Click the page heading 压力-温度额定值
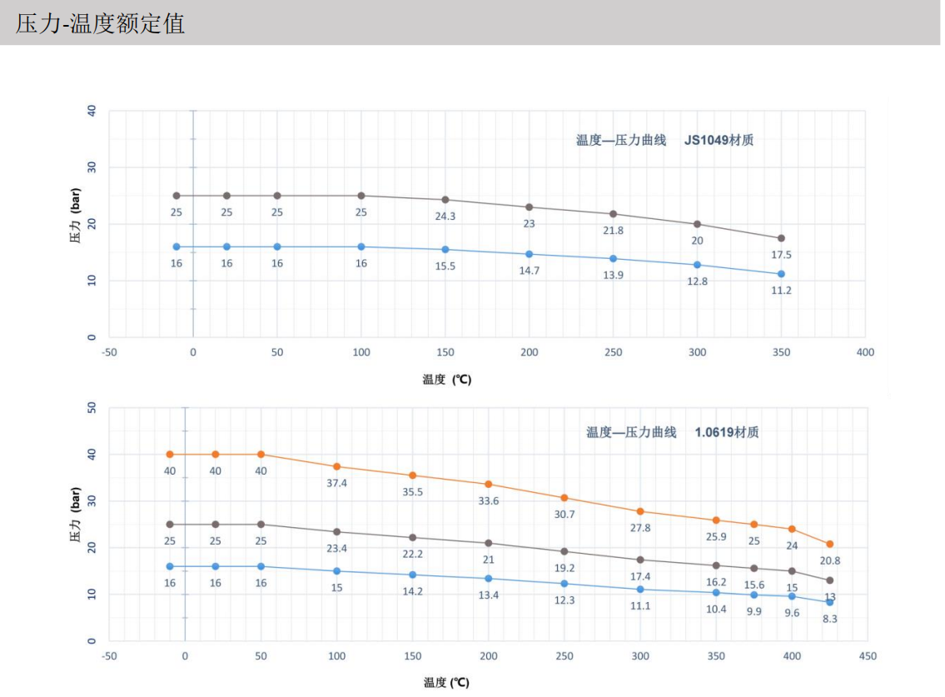tap(100, 23)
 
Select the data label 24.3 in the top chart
tap(445, 216)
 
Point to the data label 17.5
tap(781, 254)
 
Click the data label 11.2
tap(781, 290)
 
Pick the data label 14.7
tap(529, 270)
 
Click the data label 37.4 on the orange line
tap(336, 483)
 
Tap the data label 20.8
tap(829, 560)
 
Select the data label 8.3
tap(829, 619)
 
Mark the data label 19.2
tap(565, 568)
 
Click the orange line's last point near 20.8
tap(829, 544)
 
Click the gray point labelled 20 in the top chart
tap(697, 224)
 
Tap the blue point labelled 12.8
tap(697, 265)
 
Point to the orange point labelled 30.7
tap(565, 498)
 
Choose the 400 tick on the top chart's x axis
tap(865, 352)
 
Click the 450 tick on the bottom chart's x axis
tap(868, 656)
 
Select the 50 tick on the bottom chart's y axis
tap(92, 408)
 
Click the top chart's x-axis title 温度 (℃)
tap(446, 380)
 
